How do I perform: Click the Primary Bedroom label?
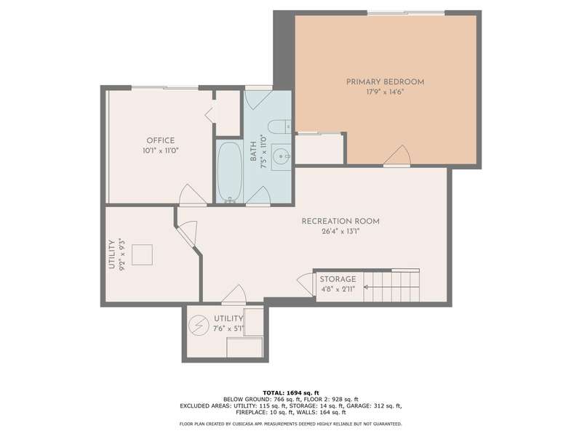(x=386, y=82)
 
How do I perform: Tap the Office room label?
(x=161, y=140)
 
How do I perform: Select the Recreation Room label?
(x=340, y=222)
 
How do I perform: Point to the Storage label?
(x=338, y=279)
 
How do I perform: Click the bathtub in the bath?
(x=230, y=171)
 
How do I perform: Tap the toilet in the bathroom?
(x=280, y=126)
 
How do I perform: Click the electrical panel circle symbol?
(x=199, y=326)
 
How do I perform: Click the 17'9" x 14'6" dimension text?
(x=385, y=92)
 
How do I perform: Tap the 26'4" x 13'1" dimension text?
(x=340, y=232)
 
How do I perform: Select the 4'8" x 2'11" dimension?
(x=338, y=289)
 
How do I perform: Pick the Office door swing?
(x=193, y=195)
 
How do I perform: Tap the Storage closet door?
(x=306, y=285)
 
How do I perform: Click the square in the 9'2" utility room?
(x=142, y=255)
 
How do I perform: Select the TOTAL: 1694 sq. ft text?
(x=291, y=393)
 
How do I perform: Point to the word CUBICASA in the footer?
(x=245, y=424)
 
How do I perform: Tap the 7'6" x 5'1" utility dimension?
(x=228, y=328)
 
